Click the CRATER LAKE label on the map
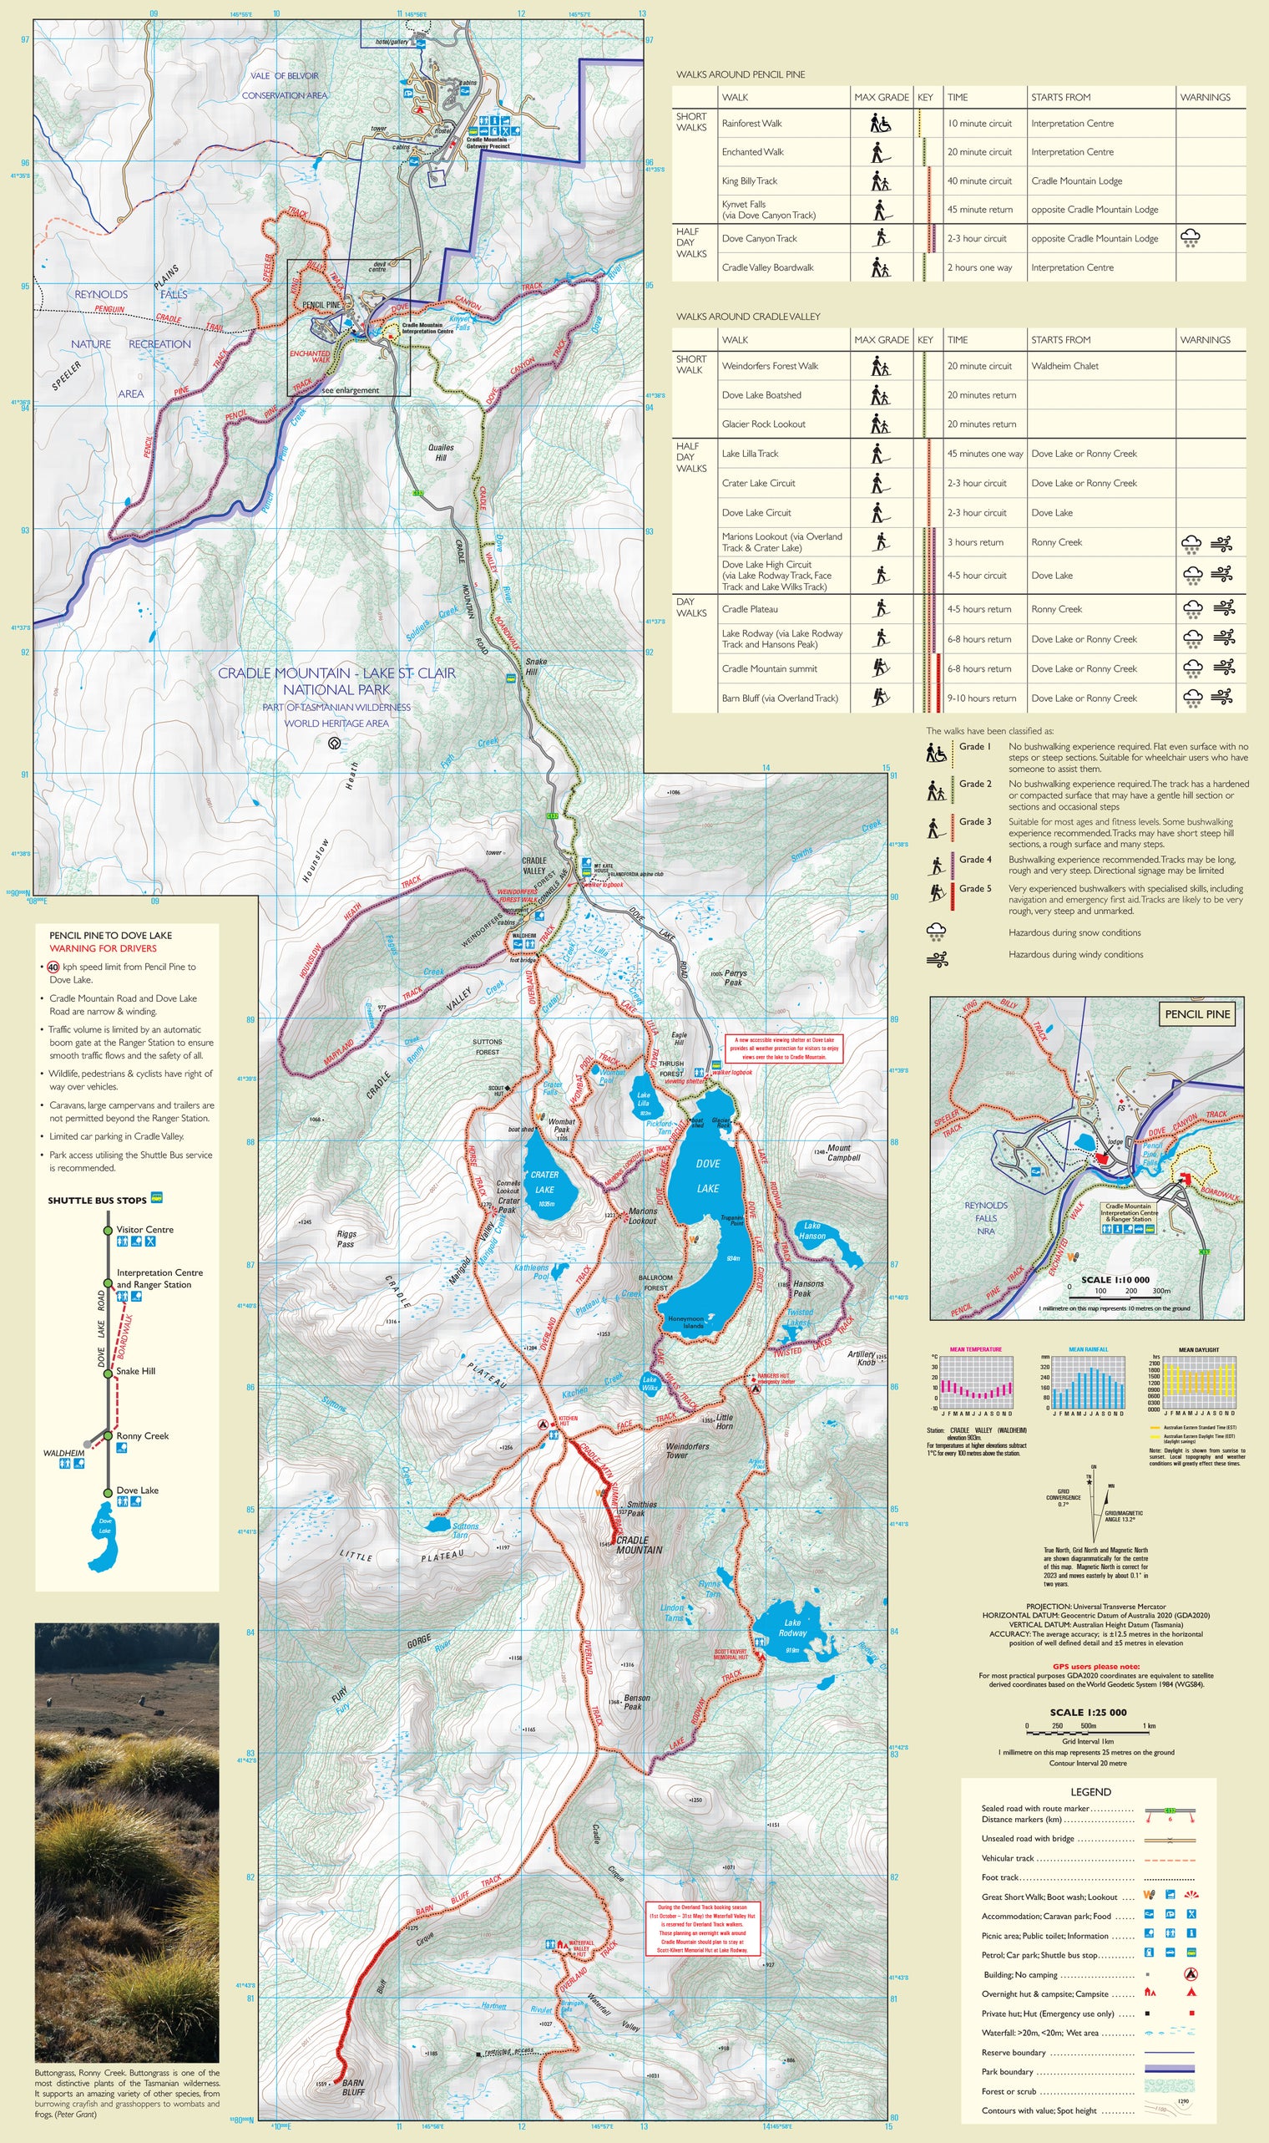click(544, 1181)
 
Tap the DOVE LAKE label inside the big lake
click(708, 1176)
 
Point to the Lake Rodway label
click(792, 1628)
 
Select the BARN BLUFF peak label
click(353, 2087)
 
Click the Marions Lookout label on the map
click(643, 1216)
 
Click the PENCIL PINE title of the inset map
click(1197, 1014)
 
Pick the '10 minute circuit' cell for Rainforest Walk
click(979, 124)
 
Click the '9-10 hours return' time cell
click(982, 698)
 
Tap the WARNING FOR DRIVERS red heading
click(103, 948)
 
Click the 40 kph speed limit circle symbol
click(53, 967)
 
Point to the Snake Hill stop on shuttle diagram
click(136, 1371)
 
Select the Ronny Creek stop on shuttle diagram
click(142, 1436)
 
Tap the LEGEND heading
click(1090, 1791)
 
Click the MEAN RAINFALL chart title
click(1088, 1349)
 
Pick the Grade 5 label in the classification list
click(975, 888)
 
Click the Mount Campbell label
click(843, 1152)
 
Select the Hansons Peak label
click(808, 1288)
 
